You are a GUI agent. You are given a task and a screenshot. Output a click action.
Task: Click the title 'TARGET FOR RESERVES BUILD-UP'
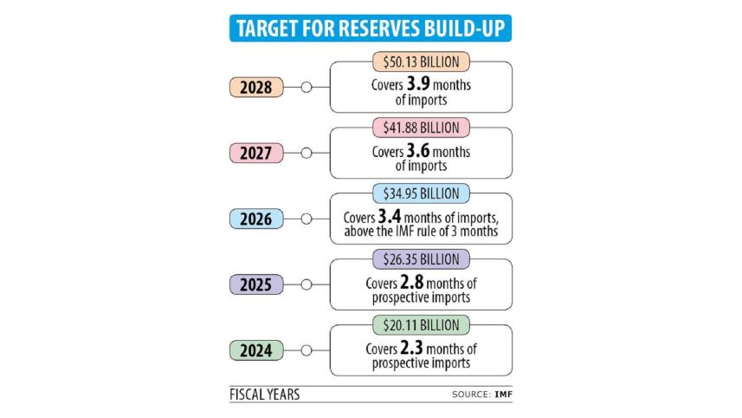click(371, 28)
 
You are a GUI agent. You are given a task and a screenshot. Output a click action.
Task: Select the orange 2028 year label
click(257, 88)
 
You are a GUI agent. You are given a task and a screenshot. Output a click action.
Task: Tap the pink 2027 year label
click(257, 153)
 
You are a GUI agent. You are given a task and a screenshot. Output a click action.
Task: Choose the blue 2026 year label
click(257, 219)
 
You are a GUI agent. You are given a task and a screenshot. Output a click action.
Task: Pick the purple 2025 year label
click(257, 284)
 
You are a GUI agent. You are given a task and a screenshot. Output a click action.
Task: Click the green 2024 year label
click(257, 350)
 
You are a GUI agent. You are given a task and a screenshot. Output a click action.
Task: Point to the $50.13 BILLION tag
click(422, 62)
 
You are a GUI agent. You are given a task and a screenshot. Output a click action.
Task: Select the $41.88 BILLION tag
click(422, 127)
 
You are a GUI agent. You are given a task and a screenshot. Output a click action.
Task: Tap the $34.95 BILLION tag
click(422, 193)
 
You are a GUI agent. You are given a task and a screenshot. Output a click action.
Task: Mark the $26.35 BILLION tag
click(422, 258)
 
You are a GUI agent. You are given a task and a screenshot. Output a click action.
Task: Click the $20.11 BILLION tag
click(422, 324)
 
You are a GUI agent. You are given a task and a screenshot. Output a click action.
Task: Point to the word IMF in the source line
click(502, 395)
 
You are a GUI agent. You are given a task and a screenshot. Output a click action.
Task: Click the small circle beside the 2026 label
click(305, 219)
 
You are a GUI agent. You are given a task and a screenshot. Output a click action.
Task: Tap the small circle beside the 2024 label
click(305, 350)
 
